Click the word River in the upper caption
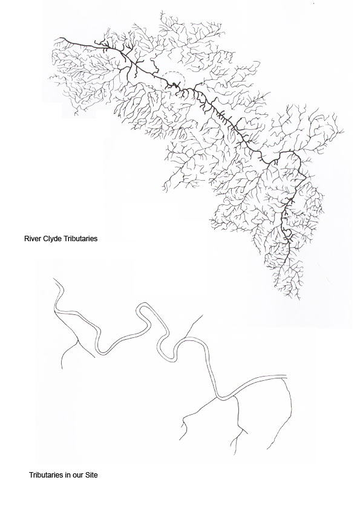(x=31, y=239)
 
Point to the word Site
(x=91, y=475)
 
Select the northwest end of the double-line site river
(x=55, y=280)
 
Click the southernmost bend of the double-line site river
(x=221, y=397)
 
